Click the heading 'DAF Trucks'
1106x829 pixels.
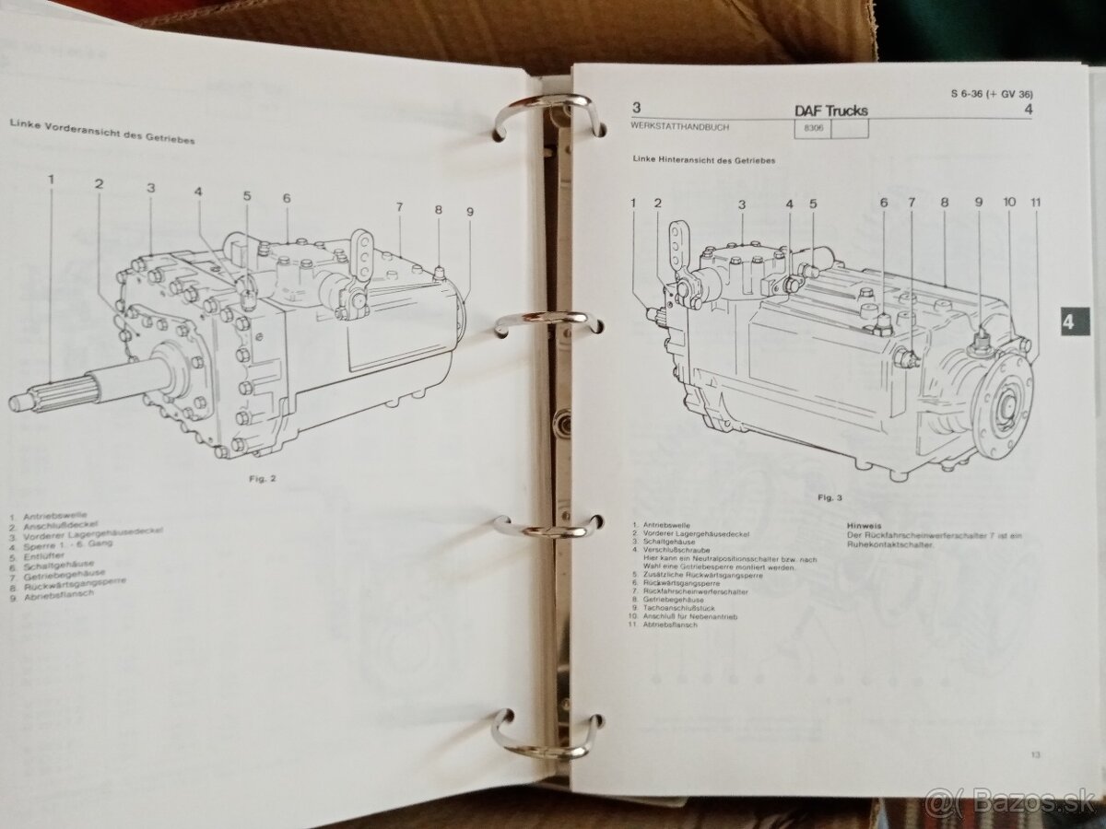(x=830, y=111)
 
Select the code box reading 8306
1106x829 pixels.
(x=810, y=131)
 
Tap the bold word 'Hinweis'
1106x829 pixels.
(x=864, y=527)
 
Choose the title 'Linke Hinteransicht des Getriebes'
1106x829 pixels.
(x=703, y=160)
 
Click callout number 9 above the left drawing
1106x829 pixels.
(x=469, y=211)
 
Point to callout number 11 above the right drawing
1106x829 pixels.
(x=1035, y=203)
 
